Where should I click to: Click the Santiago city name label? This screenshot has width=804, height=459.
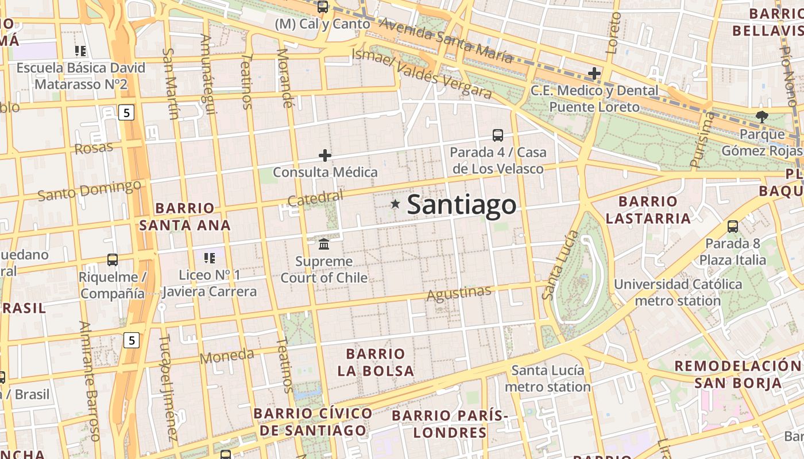pyautogui.click(x=461, y=205)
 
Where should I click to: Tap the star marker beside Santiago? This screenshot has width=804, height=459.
pyautogui.click(x=395, y=204)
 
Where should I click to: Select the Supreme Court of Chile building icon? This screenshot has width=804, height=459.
pyautogui.click(x=324, y=244)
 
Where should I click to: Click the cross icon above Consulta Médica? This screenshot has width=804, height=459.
pyautogui.click(x=325, y=155)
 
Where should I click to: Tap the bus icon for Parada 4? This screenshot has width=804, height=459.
pyautogui.click(x=498, y=135)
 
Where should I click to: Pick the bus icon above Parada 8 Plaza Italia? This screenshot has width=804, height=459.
pyautogui.click(x=733, y=226)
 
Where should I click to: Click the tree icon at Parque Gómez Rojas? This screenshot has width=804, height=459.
pyautogui.click(x=762, y=117)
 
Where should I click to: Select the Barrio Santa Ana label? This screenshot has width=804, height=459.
pyautogui.click(x=185, y=216)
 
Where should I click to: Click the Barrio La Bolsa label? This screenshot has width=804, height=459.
pyautogui.click(x=376, y=362)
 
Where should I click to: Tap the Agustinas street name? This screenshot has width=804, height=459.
pyautogui.click(x=459, y=293)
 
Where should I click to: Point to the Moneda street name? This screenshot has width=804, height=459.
pyautogui.click(x=227, y=356)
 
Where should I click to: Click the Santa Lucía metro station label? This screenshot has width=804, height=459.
pyautogui.click(x=548, y=379)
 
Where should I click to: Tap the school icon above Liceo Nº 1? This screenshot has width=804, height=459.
pyautogui.click(x=210, y=258)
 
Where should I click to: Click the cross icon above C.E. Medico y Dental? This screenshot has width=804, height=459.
pyautogui.click(x=594, y=73)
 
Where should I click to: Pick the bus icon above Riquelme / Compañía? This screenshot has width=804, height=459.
pyautogui.click(x=113, y=260)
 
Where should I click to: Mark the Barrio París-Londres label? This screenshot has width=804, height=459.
pyautogui.click(x=450, y=423)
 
